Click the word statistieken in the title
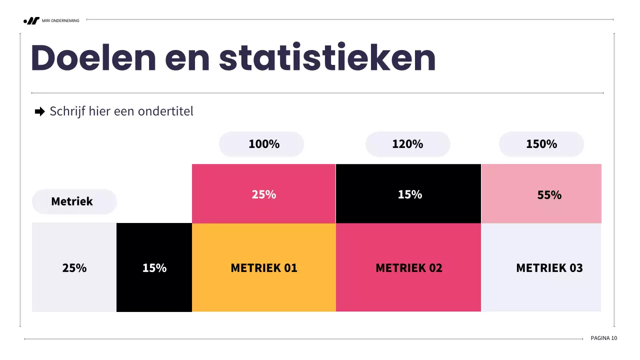point(327,58)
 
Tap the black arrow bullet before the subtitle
point(40,111)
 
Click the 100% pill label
point(263,144)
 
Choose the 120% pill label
point(407,144)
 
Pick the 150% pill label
point(541,144)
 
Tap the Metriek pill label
point(72,201)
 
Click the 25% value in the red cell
point(263,194)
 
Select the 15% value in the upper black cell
point(409,194)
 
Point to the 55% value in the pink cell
point(549,195)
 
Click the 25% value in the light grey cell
point(74,268)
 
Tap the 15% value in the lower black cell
point(154,268)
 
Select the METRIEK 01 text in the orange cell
point(263,268)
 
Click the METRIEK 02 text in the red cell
point(408,268)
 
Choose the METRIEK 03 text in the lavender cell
point(549,268)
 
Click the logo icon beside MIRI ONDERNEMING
point(32,20)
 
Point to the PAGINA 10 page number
point(603,338)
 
